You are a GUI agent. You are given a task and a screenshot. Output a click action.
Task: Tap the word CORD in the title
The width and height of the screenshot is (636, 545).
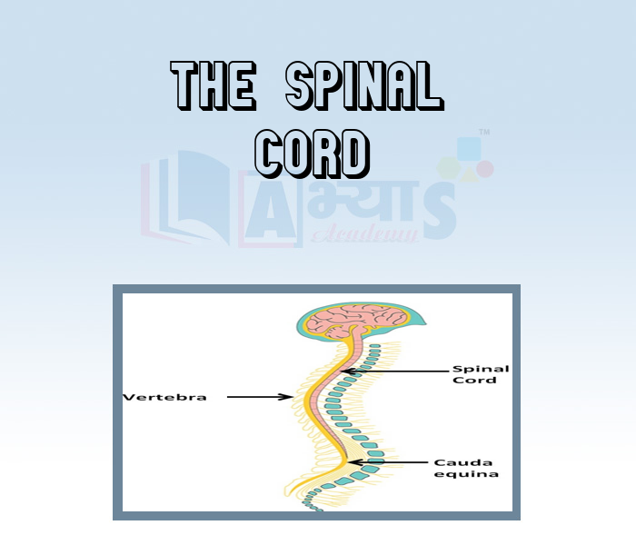click(x=313, y=153)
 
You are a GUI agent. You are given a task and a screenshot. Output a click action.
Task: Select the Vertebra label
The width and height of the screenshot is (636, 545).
click(x=164, y=397)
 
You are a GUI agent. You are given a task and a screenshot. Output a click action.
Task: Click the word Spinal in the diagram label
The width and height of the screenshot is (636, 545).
click(x=481, y=369)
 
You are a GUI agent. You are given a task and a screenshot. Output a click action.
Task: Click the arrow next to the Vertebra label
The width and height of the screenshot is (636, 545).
click(x=259, y=397)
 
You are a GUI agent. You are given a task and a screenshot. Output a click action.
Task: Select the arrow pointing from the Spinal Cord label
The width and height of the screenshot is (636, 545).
click(x=395, y=371)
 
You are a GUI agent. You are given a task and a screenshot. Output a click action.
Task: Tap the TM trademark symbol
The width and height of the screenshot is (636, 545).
click(x=484, y=133)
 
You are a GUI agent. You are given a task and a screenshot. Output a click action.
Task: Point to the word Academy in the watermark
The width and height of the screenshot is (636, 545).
click(x=363, y=235)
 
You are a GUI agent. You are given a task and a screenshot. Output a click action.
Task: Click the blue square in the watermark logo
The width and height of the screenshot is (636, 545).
click(x=469, y=149)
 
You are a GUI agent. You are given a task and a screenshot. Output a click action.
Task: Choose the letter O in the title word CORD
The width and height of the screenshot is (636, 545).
click(x=293, y=153)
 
